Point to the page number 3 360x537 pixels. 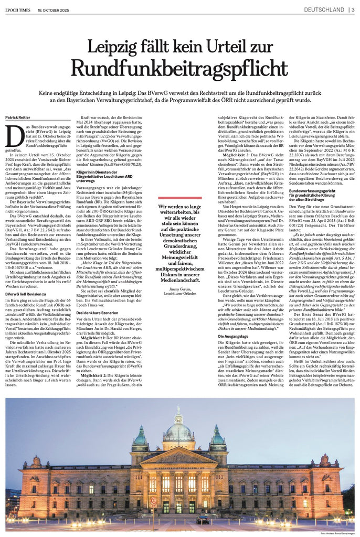(352, 9)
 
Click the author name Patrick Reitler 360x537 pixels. (19, 118)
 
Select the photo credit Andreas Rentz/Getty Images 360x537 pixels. (337, 534)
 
